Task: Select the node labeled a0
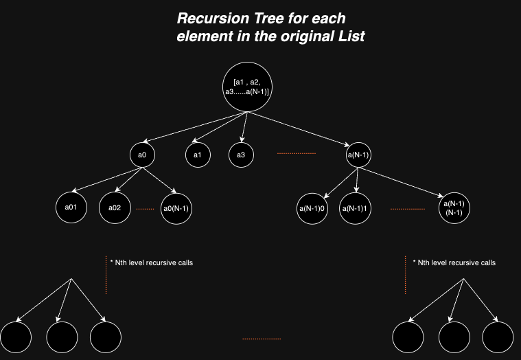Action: [142, 155]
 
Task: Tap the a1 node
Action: [197, 155]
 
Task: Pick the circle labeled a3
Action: [241, 155]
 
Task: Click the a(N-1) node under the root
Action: [358, 155]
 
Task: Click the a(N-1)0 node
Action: [312, 207]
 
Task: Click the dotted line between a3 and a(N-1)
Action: [296, 153]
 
